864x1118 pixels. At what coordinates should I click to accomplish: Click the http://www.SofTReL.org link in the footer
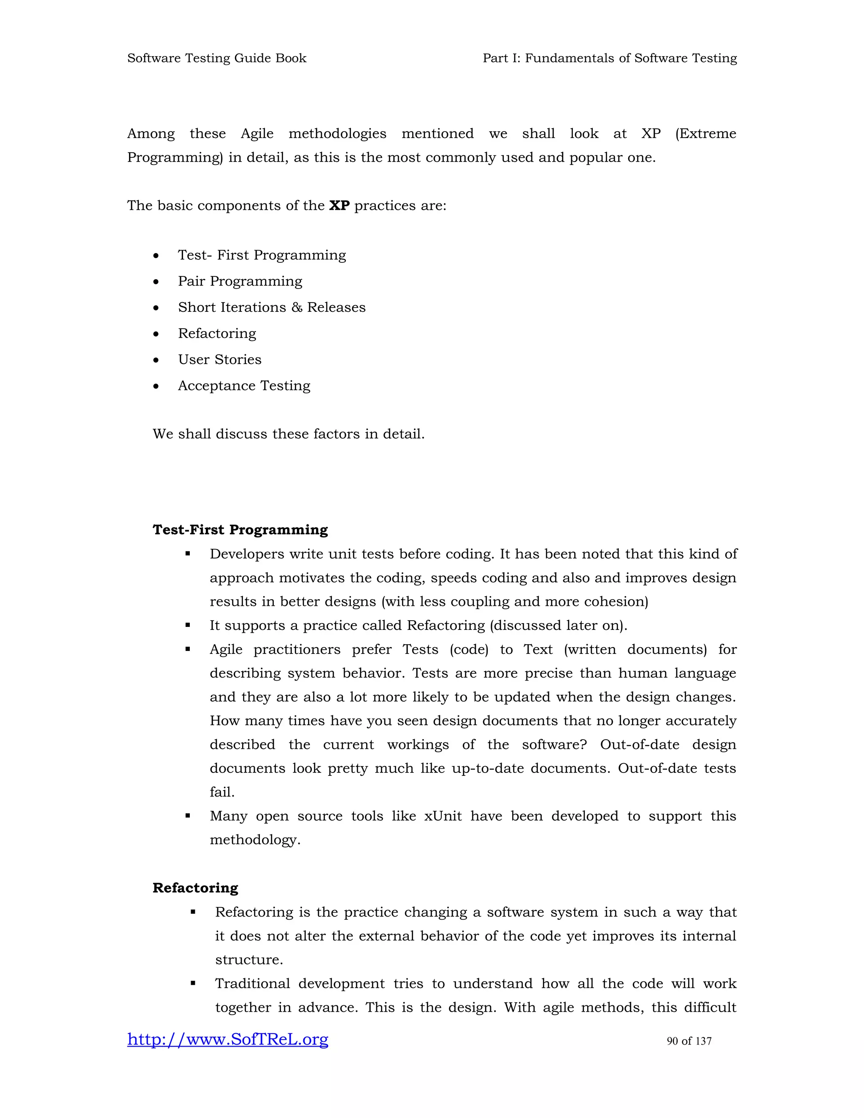[x=227, y=1040]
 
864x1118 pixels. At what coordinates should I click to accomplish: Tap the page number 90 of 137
[x=689, y=1041]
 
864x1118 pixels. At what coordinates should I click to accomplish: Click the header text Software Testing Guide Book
[x=216, y=58]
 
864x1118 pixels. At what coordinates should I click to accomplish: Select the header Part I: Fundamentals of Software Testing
[x=610, y=58]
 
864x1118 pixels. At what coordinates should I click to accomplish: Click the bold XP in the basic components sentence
[x=339, y=206]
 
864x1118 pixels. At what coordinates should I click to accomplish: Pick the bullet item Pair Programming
[x=240, y=281]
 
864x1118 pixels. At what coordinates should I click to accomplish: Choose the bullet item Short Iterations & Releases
[x=271, y=307]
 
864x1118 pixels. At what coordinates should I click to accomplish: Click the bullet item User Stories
[x=219, y=359]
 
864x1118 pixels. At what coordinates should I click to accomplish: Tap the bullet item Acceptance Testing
[x=244, y=386]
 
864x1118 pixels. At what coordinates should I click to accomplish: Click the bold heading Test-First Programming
[x=240, y=530]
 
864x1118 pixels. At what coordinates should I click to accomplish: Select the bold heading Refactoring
[x=195, y=888]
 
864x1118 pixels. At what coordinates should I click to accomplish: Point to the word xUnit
[x=443, y=816]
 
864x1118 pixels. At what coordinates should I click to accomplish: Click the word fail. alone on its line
[x=221, y=792]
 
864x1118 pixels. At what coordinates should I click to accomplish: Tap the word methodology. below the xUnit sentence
[x=255, y=840]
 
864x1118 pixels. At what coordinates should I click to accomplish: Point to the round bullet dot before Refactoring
[x=156, y=334]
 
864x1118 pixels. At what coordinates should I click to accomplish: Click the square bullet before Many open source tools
[x=188, y=816]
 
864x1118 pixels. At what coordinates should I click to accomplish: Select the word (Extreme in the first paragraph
[x=705, y=134]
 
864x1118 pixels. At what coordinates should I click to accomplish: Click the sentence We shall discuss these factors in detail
[x=288, y=434]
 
